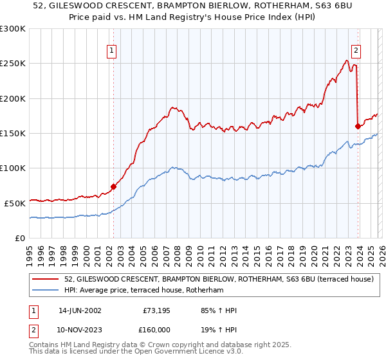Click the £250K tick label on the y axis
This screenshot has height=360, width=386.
click(13, 64)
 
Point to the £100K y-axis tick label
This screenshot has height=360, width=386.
click(13, 168)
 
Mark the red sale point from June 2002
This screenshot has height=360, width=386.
click(113, 186)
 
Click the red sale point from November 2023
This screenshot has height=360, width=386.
click(357, 126)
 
